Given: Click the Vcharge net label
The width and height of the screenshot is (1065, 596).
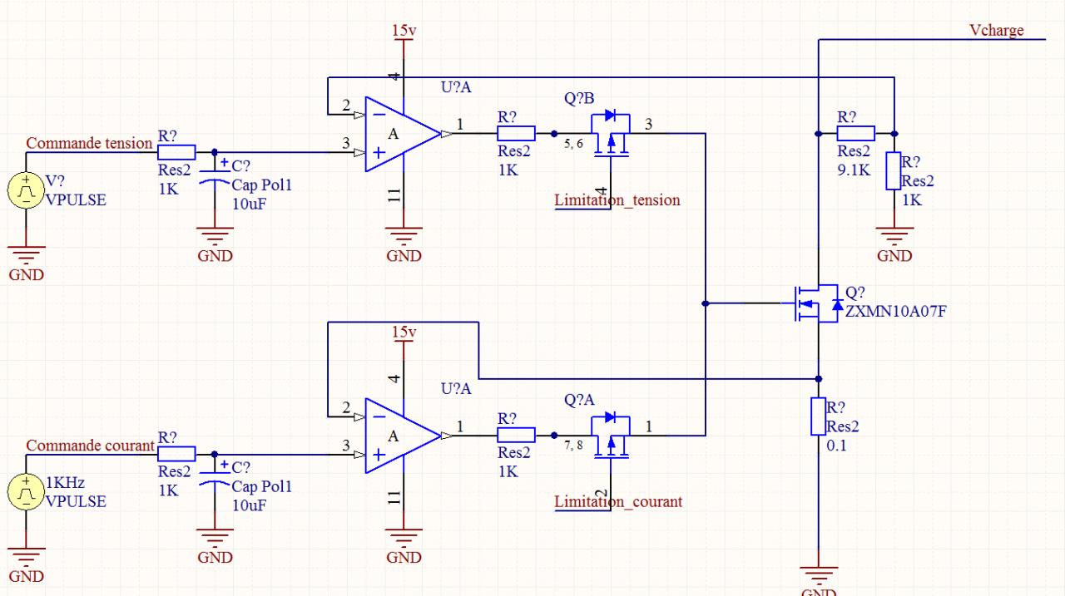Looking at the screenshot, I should tap(996, 31).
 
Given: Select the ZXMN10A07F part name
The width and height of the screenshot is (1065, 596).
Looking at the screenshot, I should tap(895, 312).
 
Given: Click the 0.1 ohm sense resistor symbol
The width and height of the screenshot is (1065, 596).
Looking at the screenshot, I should tap(819, 416).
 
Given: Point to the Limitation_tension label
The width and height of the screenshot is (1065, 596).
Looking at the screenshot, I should tap(617, 200).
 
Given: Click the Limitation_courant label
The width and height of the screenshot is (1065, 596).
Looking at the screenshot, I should tap(618, 502).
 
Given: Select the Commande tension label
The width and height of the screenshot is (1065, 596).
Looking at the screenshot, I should tap(89, 143).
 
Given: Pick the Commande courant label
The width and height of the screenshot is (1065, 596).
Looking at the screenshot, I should tap(90, 445).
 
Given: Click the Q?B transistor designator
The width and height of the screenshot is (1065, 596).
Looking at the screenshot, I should tap(579, 99).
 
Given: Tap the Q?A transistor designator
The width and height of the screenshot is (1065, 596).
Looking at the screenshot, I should tap(579, 401).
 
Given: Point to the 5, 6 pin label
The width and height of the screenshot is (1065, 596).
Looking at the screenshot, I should tap(573, 145).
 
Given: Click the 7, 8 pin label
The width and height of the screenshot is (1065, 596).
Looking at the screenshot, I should tap(573, 446).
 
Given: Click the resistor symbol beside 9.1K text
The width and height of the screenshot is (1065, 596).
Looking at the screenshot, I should tap(855, 133).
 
